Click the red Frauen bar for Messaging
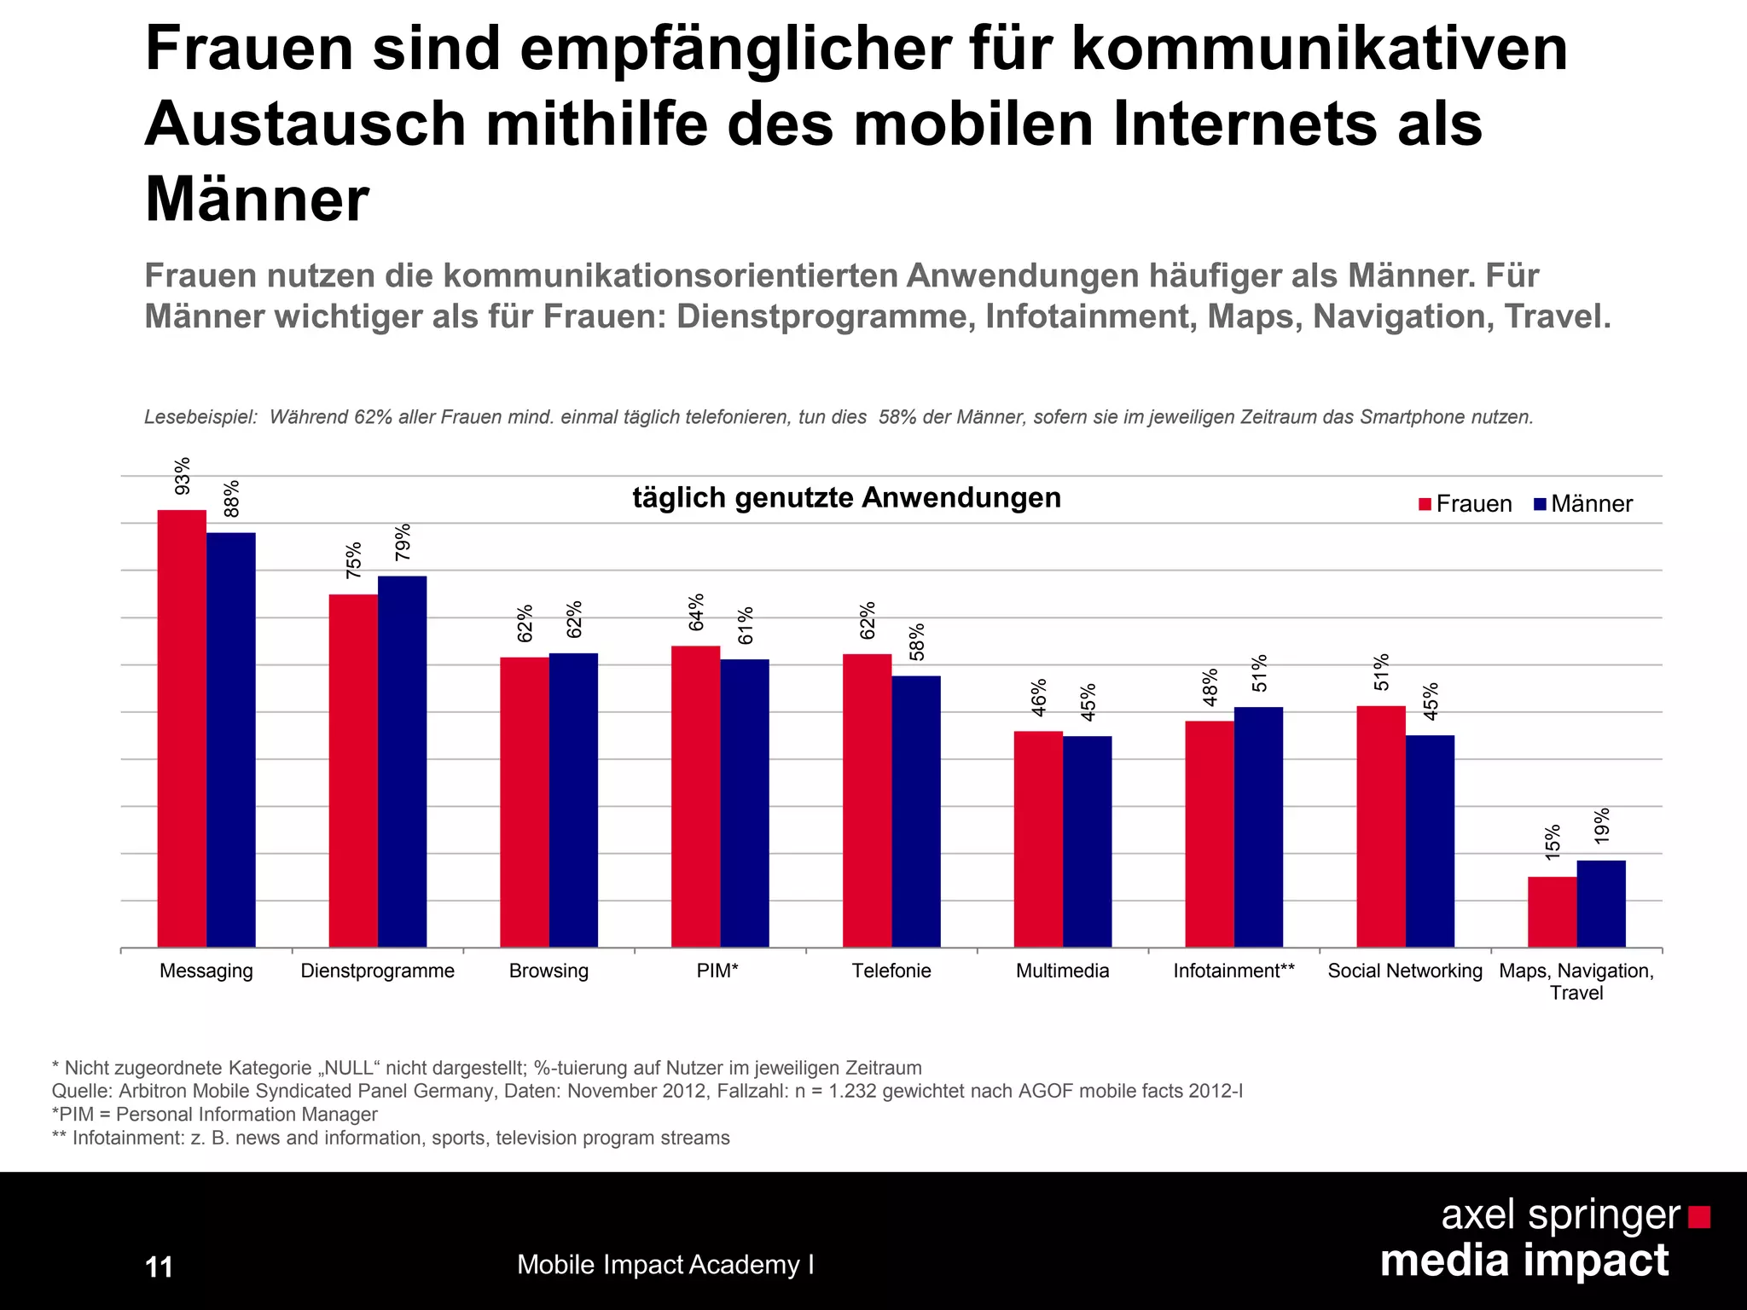point(182,728)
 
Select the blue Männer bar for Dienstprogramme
point(402,761)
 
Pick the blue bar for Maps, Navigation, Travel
point(1600,903)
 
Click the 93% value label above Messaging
point(183,476)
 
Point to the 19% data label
point(1602,826)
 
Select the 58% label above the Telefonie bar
point(917,641)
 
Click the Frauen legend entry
point(1465,504)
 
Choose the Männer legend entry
point(1583,504)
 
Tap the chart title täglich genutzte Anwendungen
point(846,497)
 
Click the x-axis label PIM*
point(717,971)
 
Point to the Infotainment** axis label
point(1233,971)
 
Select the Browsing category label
point(548,971)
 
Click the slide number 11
point(160,1267)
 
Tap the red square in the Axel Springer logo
point(1698,1216)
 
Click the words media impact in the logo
point(1524,1261)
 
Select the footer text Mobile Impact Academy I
point(665,1265)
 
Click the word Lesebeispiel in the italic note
point(200,417)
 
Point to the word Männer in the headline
point(257,200)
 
